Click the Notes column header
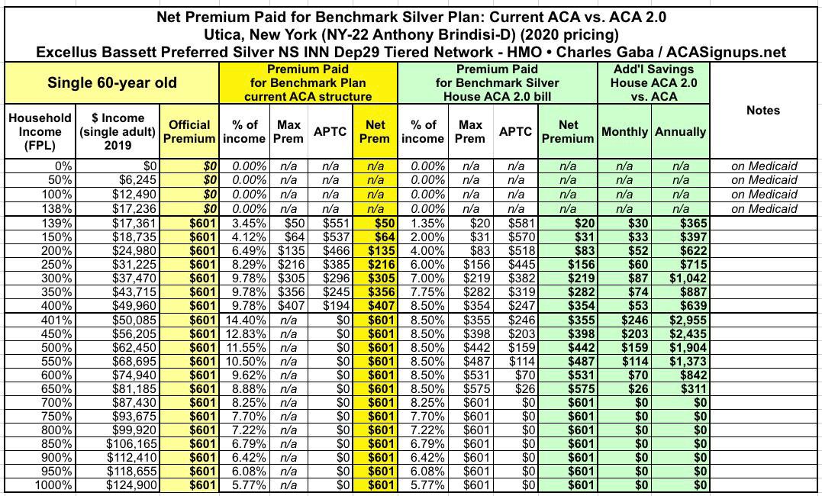click(x=763, y=111)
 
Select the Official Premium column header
click(x=190, y=131)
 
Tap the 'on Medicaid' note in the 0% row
click(x=764, y=166)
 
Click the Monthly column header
click(x=625, y=131)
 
